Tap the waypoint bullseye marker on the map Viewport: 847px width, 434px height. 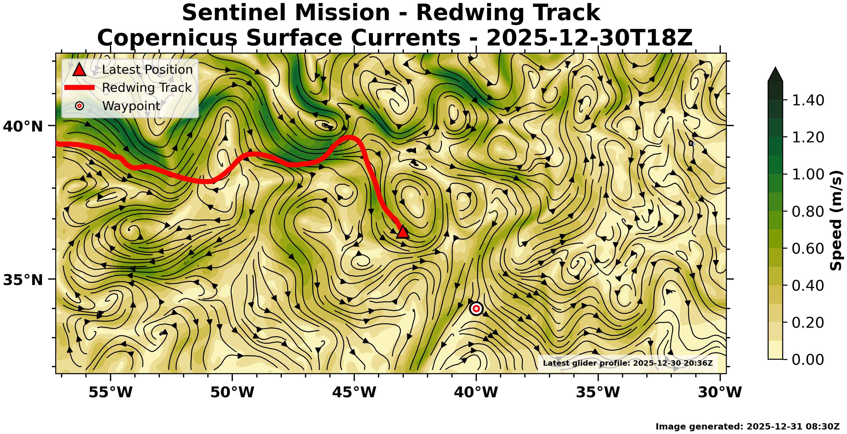coord(476,308)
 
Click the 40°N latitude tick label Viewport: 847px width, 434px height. coord(23,126)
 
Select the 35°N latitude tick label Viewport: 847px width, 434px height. coord(23,280)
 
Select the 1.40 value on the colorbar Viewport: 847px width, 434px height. coord(808,100)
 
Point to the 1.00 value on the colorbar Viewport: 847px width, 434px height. coord(808,174)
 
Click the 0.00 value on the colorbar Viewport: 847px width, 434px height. coord(808,359)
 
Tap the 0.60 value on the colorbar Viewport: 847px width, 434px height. coord(808,248)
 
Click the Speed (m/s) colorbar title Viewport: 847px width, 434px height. coord(836,221)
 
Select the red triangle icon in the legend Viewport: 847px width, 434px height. coord(79,70)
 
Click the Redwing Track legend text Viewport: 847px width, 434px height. coord(147,88)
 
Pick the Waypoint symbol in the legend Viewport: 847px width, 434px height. coord(79,106)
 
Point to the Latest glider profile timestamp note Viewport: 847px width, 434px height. coord(628,363)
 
